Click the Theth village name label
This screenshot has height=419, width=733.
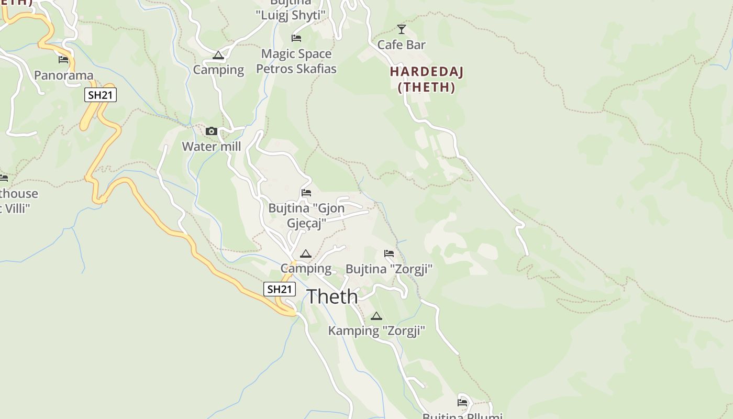[x=332, y=297]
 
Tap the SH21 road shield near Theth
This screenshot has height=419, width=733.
[x=279, y=289]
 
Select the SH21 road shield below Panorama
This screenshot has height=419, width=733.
[x=101, y=95]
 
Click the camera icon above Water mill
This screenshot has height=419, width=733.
[x=212, y=131]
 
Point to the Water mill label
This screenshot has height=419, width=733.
[x=212, y=147]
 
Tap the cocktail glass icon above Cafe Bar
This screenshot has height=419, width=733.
[x=402, y=29]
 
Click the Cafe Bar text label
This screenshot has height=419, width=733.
[x=402, y=45]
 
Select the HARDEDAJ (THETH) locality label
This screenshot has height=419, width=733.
[x=427, y=80]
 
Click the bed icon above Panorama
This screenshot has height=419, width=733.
[x=63, y=60]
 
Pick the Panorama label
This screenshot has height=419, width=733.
[x=63, y=75]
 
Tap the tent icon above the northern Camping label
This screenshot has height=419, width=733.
[x=218, y=55]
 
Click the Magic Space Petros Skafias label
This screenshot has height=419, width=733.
[x=296, y=61]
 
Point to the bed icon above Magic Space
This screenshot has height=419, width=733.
[x=296, y=38]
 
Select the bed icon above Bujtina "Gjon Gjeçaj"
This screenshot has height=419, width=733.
[x=306, y=193]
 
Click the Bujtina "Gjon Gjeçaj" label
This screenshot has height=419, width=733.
[x=306, y=216]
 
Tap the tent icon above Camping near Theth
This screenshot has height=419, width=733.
[x=306, y=254]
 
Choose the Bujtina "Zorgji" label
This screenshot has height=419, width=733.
[x=389, y=269]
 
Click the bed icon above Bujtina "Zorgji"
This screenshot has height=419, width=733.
[x=389, y=253]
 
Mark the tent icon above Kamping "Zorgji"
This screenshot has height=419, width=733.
[x=376, y=316]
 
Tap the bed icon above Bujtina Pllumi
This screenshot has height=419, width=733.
[x=462, y=403]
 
